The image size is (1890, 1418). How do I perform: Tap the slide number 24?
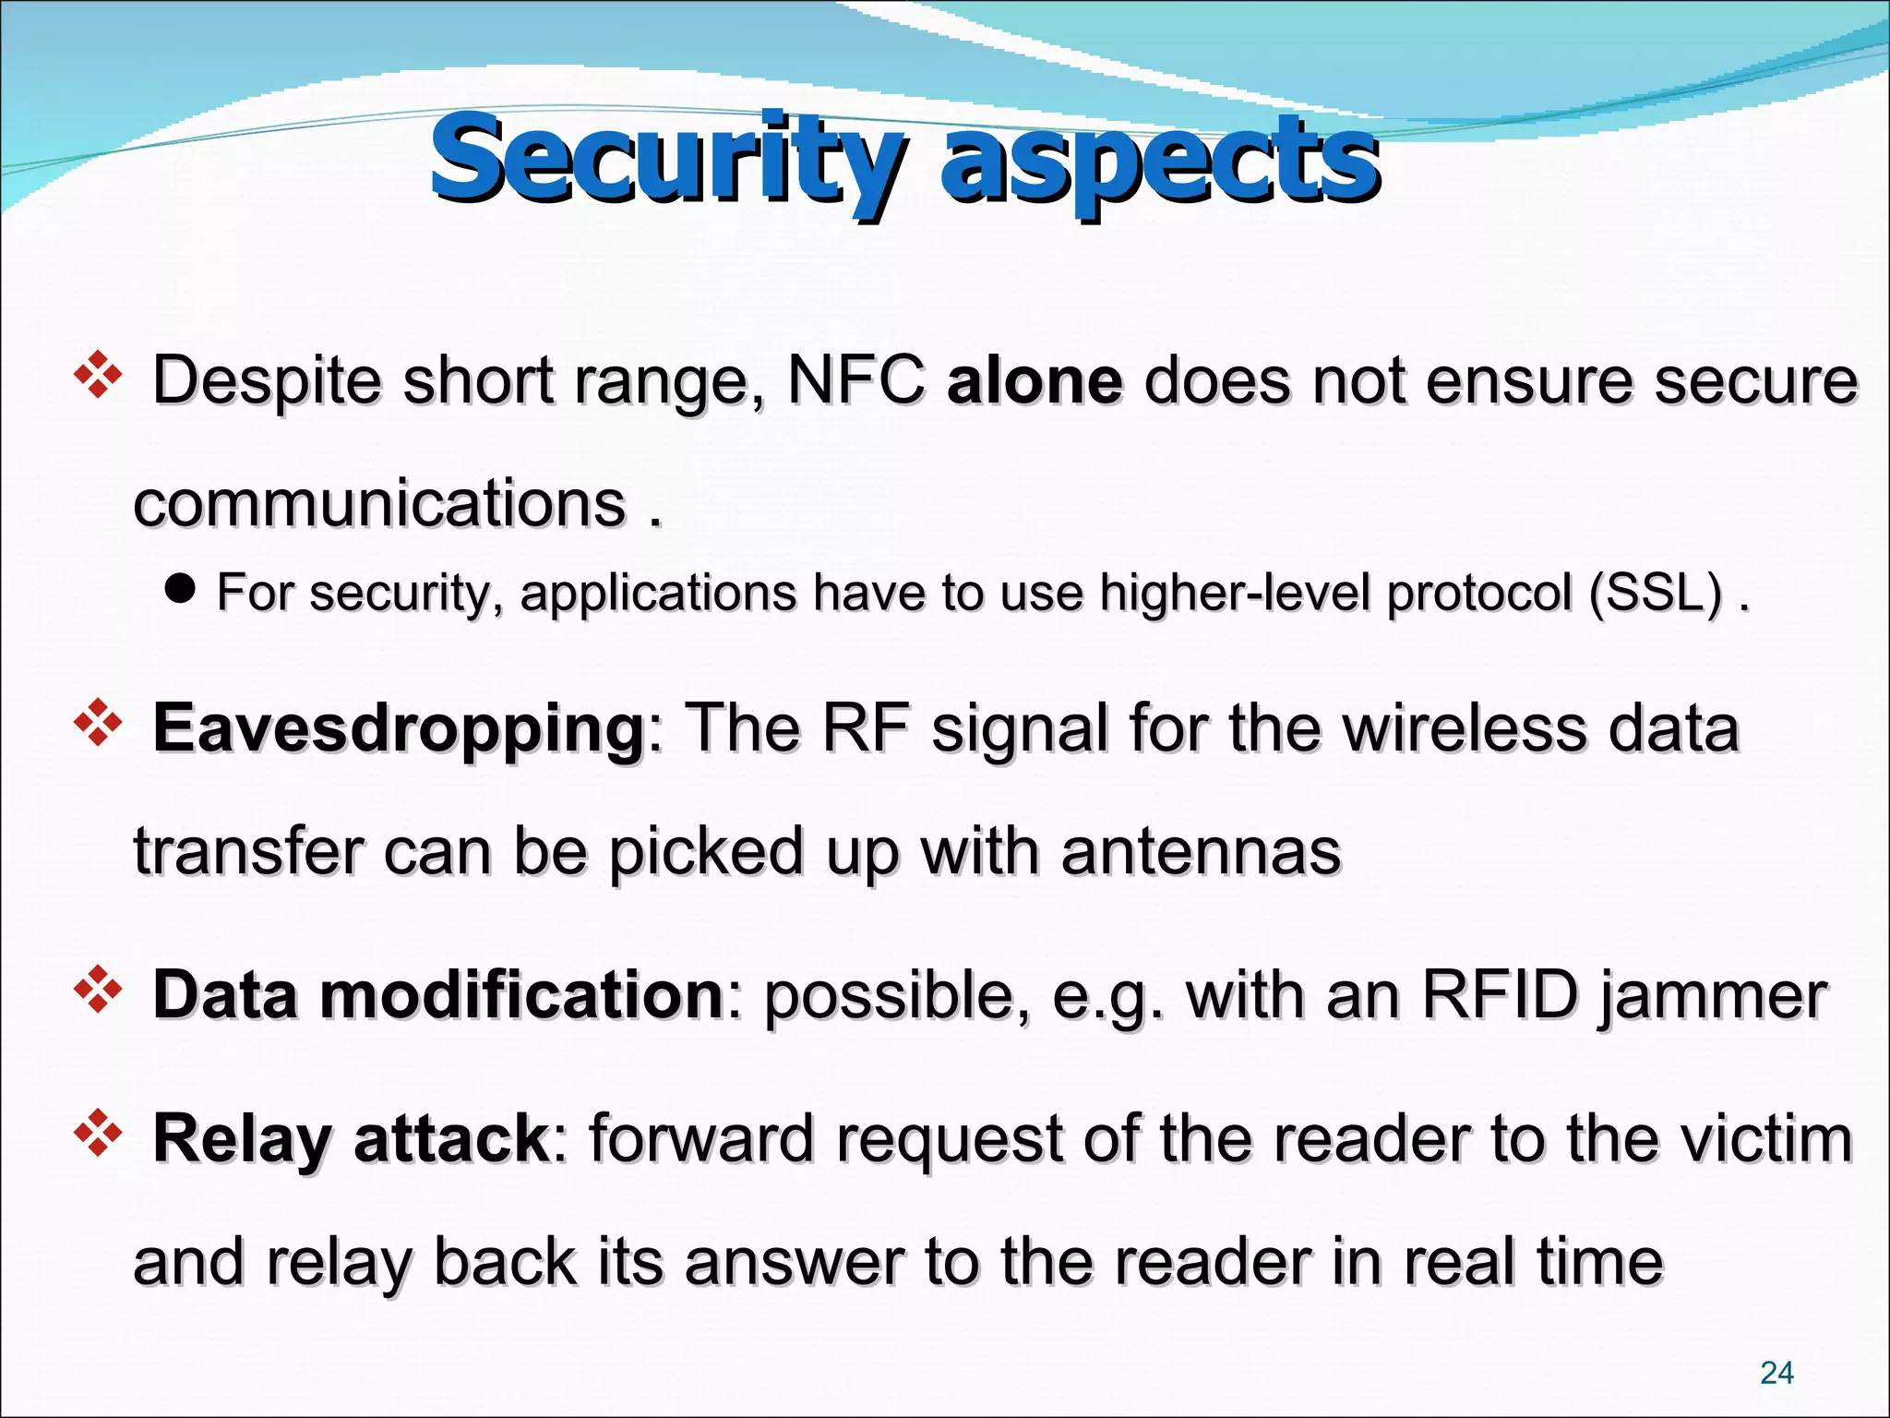1776,1373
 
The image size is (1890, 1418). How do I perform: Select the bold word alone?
1035,380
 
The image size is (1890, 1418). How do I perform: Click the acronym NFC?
855,380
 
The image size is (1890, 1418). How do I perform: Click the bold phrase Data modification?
437,995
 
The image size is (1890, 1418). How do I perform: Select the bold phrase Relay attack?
351,1138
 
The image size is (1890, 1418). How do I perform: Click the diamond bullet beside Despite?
98,377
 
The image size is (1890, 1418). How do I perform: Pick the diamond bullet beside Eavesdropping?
98,724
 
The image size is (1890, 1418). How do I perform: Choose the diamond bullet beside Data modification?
98,991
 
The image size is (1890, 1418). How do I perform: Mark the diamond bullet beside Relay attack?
98,1135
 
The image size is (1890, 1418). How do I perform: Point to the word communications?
379,504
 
